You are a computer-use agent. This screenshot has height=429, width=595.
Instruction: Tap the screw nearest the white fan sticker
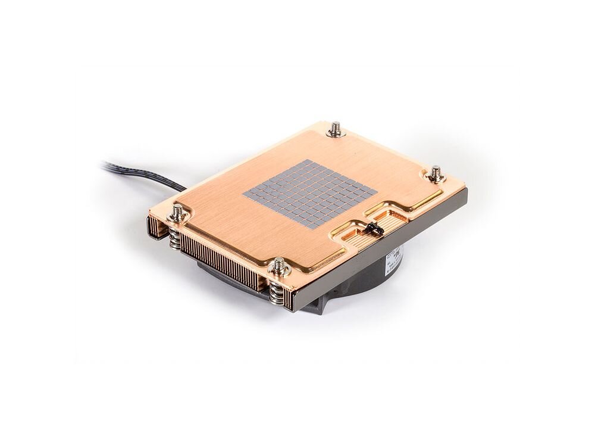436,173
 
